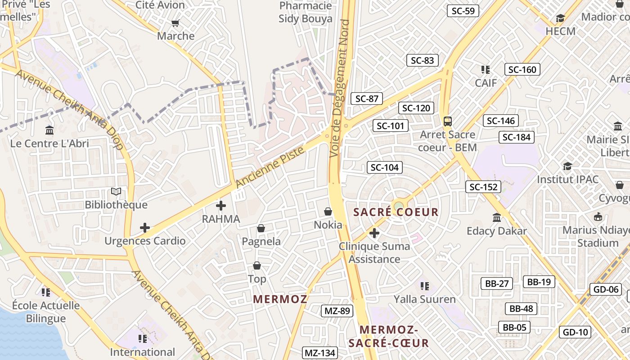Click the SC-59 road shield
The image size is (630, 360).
pyautogui.click(x=463, y=11)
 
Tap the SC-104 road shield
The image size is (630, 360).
pyautogui.click(x=384, y=168)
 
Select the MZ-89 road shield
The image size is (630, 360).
pyautogui.click(x=337, y=310)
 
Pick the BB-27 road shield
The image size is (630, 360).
pyautogui.click(x=497, y=283)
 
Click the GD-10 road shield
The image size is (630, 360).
pyautogui.click(x=576, y=333)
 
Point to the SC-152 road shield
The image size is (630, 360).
pyautogui.click(x=483, y=187)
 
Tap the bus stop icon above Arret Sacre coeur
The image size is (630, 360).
pyautogui.click(x=447, y=121)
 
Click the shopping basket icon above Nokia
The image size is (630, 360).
pyautogui.click(x=328, y=211)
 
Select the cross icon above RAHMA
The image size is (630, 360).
pyautogui.click(x=221, y=206)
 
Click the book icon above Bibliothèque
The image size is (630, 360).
pyautogui.click(x=116, y=192)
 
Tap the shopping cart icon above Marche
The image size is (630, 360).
pyautogui.click(x=175, y=23)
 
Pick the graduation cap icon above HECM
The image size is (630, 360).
pyautogui.click(x=560, y=18)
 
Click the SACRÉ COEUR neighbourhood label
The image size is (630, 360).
pyautogui.click(x=396, y=212)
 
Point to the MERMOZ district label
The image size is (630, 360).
pyautogui.click(x=280, y=299)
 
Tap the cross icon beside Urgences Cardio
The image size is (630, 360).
pyautogui.click(x=145, y=228)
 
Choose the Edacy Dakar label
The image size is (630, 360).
pyautogui.click(x=496, y=231)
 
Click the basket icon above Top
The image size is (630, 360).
pyautogui.click(x=257, y=265)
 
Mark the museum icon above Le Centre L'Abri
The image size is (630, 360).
pyautogui.click(x=49, y=130)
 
